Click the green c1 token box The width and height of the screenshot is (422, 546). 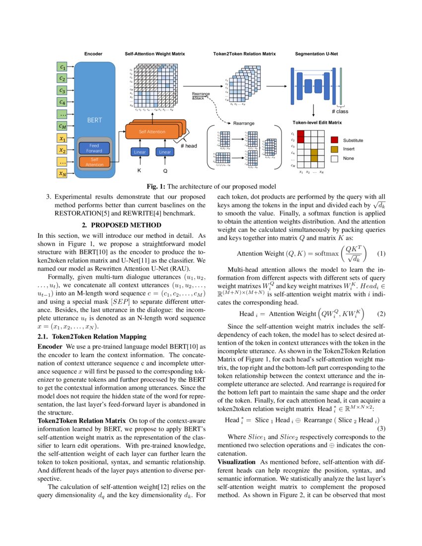pyautogui.click(x=62, y=67)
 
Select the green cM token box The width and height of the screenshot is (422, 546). pyautogui.click(x=62, y=127)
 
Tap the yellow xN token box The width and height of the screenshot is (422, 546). pyautogui.click(x=62, y=174)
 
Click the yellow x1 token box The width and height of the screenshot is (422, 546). pyautogui.click(x=62, y=138)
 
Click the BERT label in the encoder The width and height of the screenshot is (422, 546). pyautogui.click(x=94, y=120)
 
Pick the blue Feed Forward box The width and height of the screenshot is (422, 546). pyautogui.click(x=94, y=147)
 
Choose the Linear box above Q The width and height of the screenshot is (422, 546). pyautogui.click(x=165, y=152)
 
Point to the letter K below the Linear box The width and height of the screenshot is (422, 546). pyautogui.click(x=140, y=170)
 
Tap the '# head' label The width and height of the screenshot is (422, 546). pyautogui.click(x=189, y=146)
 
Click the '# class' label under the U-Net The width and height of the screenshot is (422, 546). pyautogui.click(x=340, y=112)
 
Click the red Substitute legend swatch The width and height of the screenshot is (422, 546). pyautogui.click(x=334, y=140)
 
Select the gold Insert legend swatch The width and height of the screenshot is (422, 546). pyautogui.click(x=334, y=149)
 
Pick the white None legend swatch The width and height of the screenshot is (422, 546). pyautogui.click(x=334, y=158)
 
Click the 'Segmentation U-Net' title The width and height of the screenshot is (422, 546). pyautogui.click(x=317, y=53)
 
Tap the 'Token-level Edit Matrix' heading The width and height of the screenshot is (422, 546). pyautogui.click(x=317, y=122)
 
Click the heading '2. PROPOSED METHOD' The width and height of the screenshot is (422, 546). pyautogui.click(x=121, y=225)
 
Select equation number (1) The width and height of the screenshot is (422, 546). pyautogui.click(x=381, y=254)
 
